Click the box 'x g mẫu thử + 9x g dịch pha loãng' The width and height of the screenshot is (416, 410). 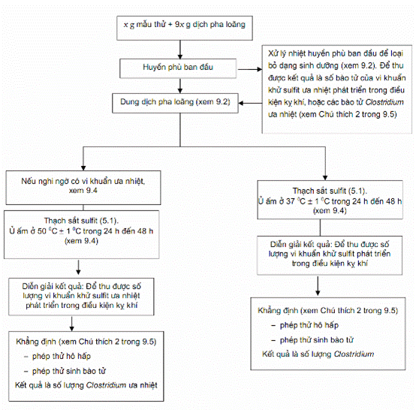click(185, 28)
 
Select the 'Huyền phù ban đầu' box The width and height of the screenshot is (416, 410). click(178, 68)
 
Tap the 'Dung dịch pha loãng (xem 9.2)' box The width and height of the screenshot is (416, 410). click(175, 103)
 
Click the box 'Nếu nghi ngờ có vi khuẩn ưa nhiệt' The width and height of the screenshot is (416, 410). click(83, 188)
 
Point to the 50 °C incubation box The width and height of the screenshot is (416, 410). click(81, 234)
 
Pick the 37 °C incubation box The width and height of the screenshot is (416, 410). click(330, 200)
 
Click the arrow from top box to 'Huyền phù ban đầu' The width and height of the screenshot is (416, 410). click(180, 50)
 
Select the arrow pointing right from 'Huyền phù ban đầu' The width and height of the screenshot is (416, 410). click(250, 69)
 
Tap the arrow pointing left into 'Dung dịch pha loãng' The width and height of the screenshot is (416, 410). click(250, 103)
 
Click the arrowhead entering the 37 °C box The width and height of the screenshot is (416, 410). click(325, 178)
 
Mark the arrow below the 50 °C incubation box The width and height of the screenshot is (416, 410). click(78, 267)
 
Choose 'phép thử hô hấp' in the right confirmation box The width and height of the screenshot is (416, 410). click(309, 325)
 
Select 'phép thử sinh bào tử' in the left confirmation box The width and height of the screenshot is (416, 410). click(69, 371)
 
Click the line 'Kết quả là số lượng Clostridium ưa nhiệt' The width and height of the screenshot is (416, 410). click(86, 385)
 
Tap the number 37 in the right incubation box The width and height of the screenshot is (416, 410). click(291, 201)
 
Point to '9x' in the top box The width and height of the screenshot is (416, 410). click(179, 25)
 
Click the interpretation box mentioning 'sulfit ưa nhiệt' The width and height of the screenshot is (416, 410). click(81, 297)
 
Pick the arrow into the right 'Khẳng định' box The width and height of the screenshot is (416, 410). click(318, 286)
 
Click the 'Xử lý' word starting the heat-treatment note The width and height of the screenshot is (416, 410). click(273, 53)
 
